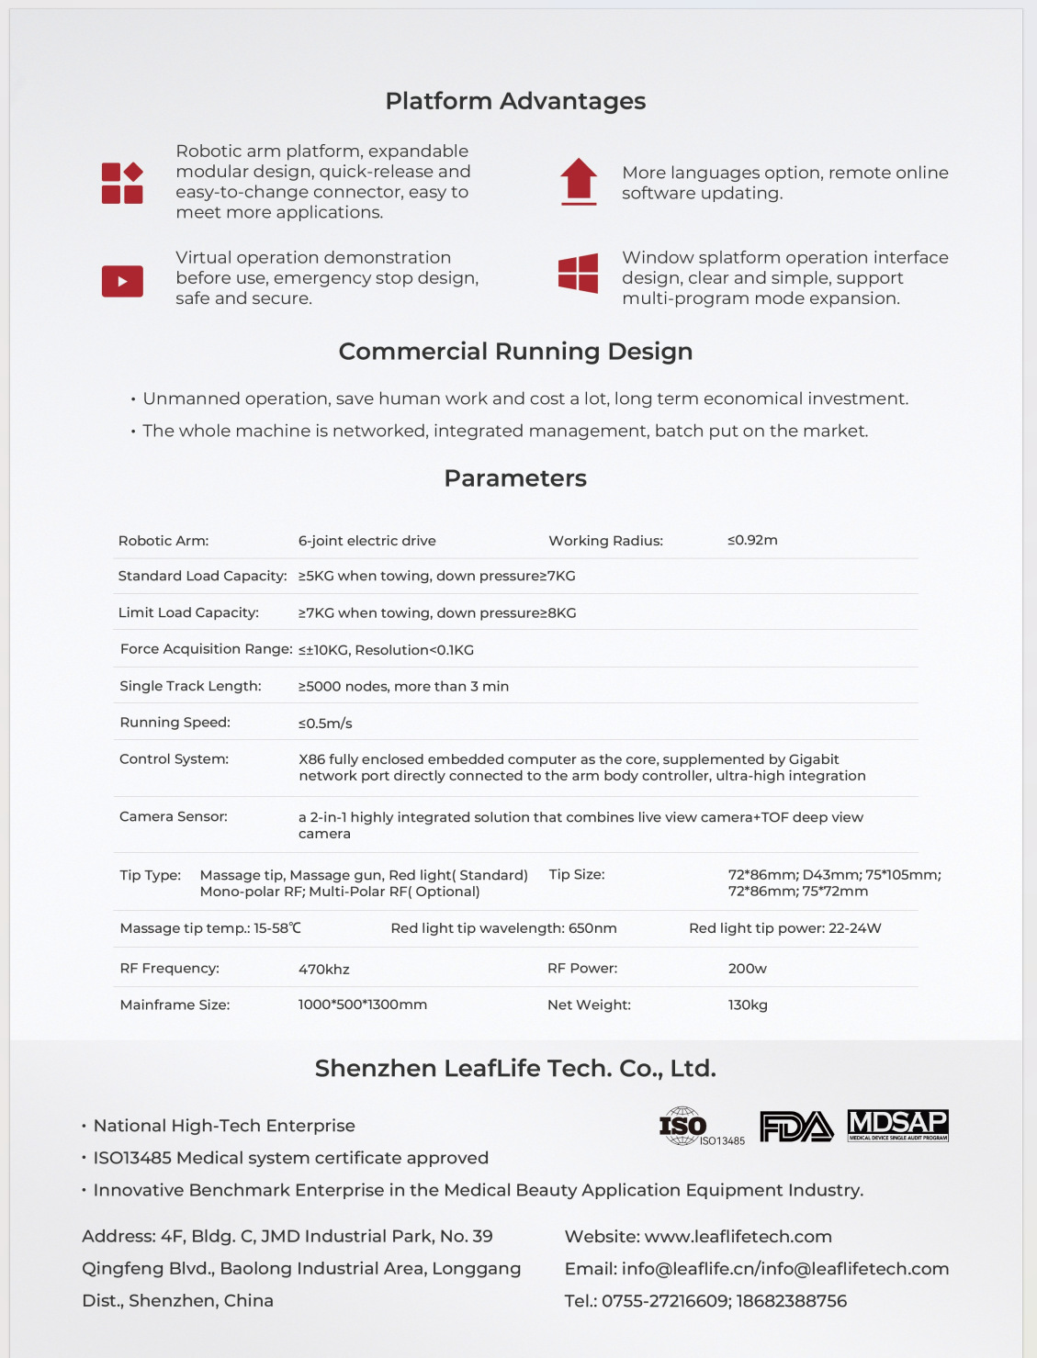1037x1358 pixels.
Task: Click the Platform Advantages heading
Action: [515, 101]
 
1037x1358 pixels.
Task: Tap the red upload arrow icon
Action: [579, 181]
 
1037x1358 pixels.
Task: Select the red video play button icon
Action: [122, 281]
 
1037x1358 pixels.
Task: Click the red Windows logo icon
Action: [579, 273]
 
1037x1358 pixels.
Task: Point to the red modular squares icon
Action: [122, 183]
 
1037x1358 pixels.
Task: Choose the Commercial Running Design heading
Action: [515, 352]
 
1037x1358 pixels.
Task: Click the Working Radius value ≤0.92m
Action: [752, 540]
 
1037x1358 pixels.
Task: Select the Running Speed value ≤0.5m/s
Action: [325, 724]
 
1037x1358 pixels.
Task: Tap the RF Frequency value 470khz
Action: [323, 970]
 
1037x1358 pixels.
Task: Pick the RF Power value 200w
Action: [747, 969]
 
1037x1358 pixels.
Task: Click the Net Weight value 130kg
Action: [748, 1005]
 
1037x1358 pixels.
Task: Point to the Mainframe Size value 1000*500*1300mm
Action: [362, 1004]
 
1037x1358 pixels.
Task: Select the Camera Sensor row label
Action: [174, 816]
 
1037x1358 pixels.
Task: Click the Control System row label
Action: [174, 759]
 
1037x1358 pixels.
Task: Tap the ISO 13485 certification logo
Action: [700, 1127]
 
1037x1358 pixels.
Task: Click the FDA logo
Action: [796, 1127]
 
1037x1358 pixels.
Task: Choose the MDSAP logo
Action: [897, 1125]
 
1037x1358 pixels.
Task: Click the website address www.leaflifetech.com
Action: [738, 1237]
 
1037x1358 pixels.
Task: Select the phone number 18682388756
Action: [792, 1301]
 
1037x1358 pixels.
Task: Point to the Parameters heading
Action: [515, 478]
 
